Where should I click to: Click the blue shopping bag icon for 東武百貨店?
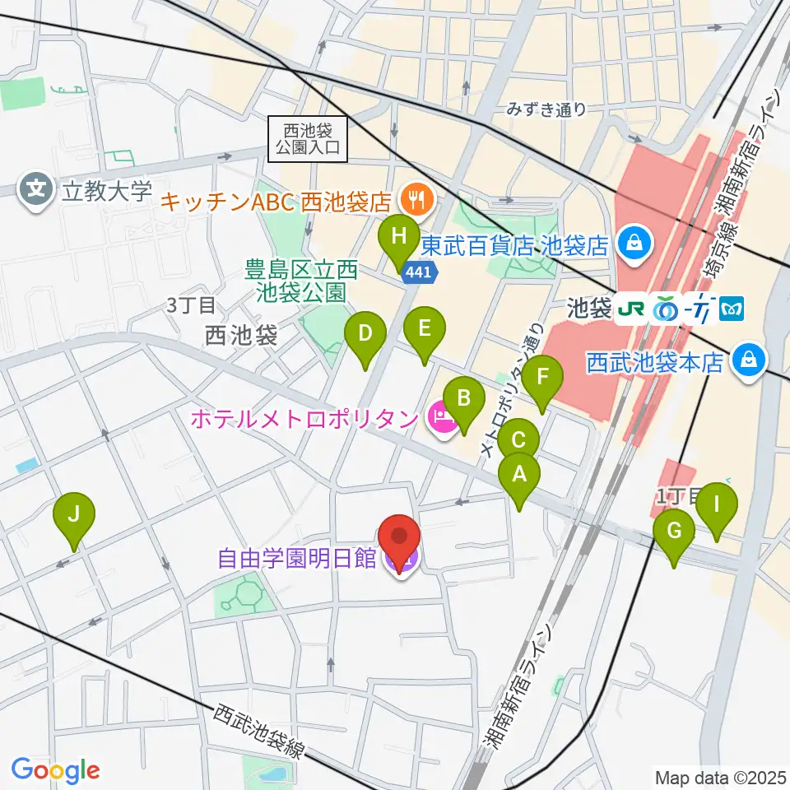click(636, 244)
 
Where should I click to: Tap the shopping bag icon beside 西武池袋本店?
click(749, 360)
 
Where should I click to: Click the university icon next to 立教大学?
click(37, 189)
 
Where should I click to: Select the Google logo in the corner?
click(55, 770)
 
